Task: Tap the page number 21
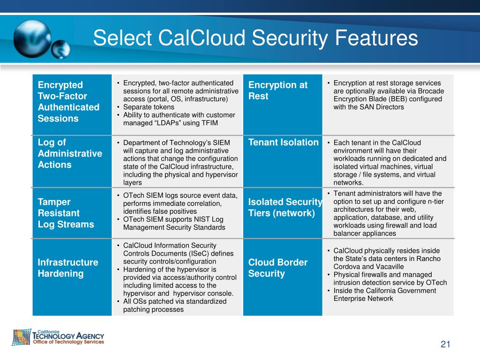pyautogui.click(x=445, y=345)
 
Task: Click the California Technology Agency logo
pyautogui.click(x=58, y=337)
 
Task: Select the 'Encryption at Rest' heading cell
pyautogui.click(x=277, y=90)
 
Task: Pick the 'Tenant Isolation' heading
pyautogui.click(x=283, y=142)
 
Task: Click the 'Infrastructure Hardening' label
pyautogui.click(x=68, y=268)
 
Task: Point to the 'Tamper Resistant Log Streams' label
pyautogui.click(x=66, y=213)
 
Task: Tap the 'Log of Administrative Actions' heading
pyautogui.click(x=69, y=153)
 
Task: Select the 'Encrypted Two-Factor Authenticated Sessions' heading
pyautogui.click(x=68, y=102)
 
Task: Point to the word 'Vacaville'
pyautogui.click(x=389, y=266)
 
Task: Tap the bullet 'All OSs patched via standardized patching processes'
pyautogui.click(x=174, y=305)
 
